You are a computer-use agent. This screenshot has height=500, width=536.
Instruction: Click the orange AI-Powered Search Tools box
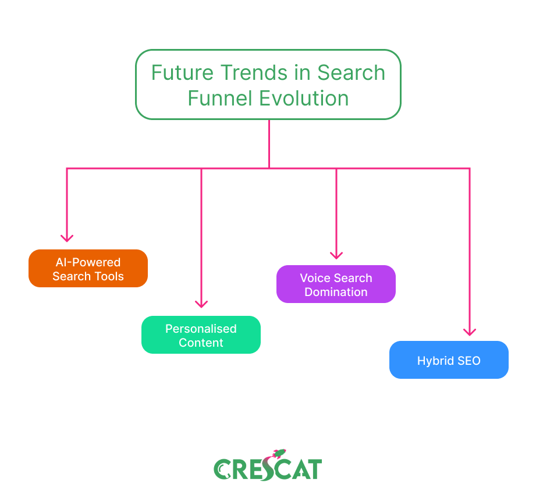click(x=88, y=268)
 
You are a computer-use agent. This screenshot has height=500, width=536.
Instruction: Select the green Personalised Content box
click(x=201, y=334)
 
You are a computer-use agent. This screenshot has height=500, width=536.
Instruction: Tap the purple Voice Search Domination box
click(x=336, y=284)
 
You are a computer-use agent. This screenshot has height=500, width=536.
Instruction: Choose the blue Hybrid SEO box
click(x=449, y=360)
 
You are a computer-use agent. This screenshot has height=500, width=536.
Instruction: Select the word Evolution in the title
click(x=304, y=98)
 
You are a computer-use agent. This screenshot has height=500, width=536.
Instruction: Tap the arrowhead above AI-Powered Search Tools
click(x=67, y=238)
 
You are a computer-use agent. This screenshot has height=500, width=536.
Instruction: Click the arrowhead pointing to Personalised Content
click(x=201, y=304)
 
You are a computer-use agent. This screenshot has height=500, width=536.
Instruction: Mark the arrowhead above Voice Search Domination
click(x=336, y=255)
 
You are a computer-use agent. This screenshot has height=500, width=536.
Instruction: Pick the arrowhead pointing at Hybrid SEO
click(x=470, y=332)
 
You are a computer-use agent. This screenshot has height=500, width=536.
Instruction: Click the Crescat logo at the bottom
click(x=268, y=466)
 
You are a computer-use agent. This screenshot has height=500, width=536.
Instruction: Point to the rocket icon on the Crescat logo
click(x=279, y=454)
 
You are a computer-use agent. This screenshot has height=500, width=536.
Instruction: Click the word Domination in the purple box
click(x=336, y=292)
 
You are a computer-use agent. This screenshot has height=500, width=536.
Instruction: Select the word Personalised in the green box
click(x=201, y=329)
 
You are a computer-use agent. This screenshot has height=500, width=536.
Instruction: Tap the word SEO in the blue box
click(x=468, y=361)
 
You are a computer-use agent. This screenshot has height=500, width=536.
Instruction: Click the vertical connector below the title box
click(x=269, y=144)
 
